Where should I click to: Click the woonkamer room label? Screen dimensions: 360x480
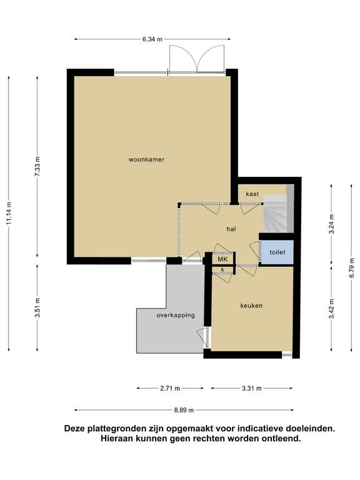click(x=146, y=159)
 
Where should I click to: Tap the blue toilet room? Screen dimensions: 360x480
click(x=277, y=252)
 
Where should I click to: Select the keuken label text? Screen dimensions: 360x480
click(x=251, y=306)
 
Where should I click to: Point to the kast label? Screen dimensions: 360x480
click(x=252, y=194)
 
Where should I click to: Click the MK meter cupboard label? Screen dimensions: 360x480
click(x=223, y=259)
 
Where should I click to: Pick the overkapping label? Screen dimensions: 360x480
click(x=176, y=315)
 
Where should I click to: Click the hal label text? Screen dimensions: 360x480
click(x=231, y=229)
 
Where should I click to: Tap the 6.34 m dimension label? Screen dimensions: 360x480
click(x=152, y=39)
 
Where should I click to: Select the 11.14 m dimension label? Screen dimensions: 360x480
click(x=9, y=213)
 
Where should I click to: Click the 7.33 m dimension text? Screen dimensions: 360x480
click(x=37, y=166)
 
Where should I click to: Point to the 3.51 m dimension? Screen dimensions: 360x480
click(x=37, y=307)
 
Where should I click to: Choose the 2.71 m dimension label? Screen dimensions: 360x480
click(x=170, y=389)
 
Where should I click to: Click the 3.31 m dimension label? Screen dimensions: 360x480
click(x=252, y=389)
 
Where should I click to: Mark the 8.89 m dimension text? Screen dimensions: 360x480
click(x=184, y=410)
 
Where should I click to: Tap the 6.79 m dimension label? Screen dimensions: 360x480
click(x=352, y=267)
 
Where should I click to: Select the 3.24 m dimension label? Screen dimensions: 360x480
click(x=331, y=224)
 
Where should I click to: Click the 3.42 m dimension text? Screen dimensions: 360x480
click(x=331, y=309)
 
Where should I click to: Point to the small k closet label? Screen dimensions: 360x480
click(x=223, y=270)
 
